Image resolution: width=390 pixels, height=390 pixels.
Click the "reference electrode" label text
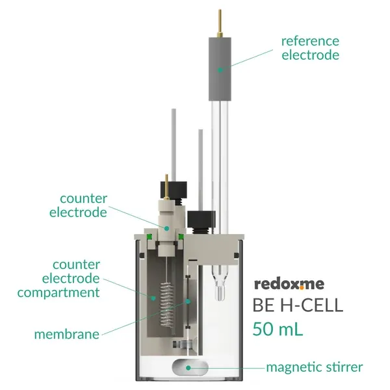pos(310,48)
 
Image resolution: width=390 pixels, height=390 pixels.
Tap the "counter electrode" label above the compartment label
pos(79,205)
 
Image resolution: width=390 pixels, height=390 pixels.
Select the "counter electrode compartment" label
pos(58,279)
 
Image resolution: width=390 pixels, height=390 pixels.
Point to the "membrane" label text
pos(67,334)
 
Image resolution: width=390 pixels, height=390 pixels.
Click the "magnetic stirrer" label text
pos(315,368)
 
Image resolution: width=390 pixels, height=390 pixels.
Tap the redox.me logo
pos(289,284)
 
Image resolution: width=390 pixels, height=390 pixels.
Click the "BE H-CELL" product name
pos(298,305)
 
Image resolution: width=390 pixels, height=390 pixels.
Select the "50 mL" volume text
pos(278,329)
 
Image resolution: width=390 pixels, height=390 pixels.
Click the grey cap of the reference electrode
pos(220,69)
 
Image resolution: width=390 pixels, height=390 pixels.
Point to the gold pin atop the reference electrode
pos(220,23)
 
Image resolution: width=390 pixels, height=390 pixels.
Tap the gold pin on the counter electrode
pos(166,187)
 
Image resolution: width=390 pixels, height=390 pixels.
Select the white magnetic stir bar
pos(190,368)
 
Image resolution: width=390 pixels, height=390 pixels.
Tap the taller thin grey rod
pos(174,145)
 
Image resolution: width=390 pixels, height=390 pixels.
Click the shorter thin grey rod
pos(200,170)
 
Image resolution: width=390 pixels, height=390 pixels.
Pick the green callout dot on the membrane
pos(188,302)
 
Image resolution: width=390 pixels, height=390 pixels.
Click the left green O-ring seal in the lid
pos(149,237)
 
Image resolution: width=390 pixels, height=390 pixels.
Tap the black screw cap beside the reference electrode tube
pos(201,220)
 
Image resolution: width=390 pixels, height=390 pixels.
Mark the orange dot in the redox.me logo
pos(302,288)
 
